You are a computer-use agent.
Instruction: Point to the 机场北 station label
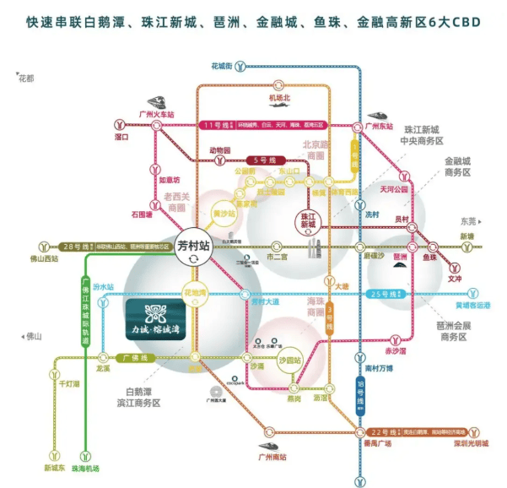[279, 98]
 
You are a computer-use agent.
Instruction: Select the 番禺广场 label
[379, 442]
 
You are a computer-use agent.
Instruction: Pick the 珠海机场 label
[85, 469]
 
